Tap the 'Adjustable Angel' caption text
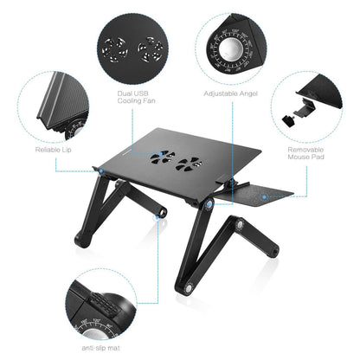(231, 93)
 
